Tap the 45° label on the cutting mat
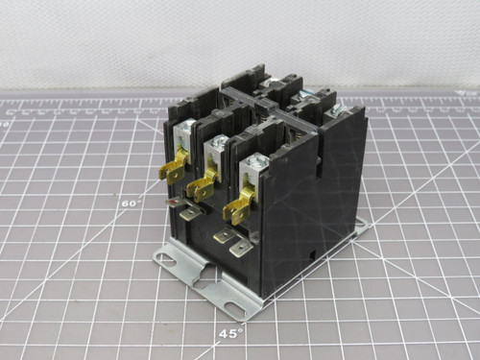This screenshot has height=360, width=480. coord(228,332)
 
